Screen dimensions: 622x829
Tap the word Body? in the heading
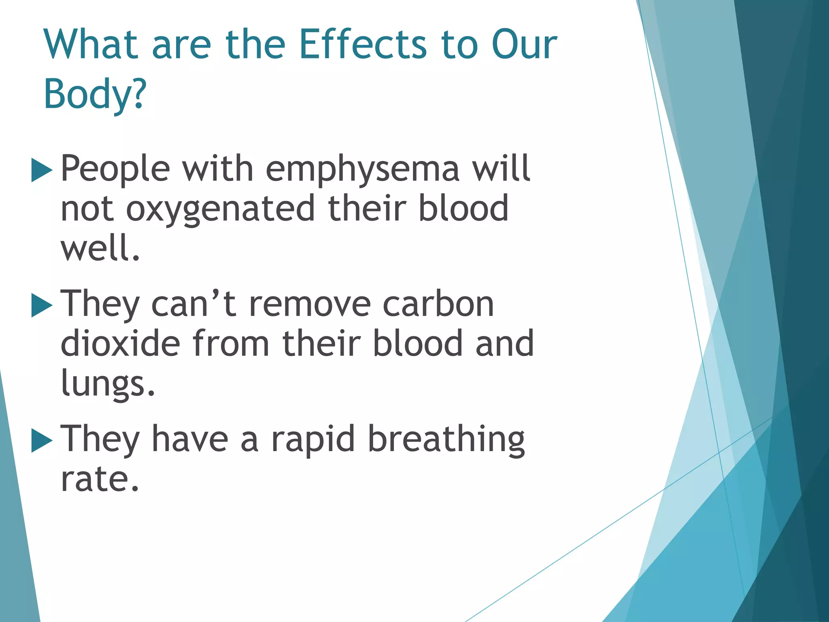coord(95,94)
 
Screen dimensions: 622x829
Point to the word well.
coord(100,248)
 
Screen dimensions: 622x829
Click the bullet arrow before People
coord(42,170)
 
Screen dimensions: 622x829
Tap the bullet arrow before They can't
coord(42,306)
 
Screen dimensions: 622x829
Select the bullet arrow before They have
coord(42,441)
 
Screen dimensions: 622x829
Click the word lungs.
coord(108,384)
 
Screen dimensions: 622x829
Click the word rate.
coord(99,479)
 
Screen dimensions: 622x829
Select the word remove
coord(310,305)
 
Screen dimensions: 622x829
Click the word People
coord(115,169)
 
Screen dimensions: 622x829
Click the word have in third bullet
coord(190,440)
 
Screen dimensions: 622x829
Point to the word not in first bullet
coord(87,209)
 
